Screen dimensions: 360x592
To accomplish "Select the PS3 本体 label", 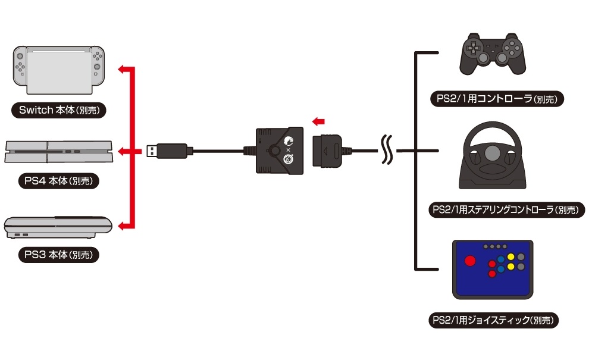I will coord(58,255).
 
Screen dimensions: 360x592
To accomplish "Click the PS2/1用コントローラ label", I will coord(496,99).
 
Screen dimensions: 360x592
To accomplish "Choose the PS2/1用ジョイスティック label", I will coord(495,321).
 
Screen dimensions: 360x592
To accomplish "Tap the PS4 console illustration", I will coord(58,151).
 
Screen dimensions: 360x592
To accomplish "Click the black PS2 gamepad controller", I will coord(492,55).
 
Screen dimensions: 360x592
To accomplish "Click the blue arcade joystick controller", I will coord(492,270).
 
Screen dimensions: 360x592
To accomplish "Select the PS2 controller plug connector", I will coord(328,151).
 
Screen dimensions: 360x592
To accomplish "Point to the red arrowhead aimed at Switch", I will coord(122,70).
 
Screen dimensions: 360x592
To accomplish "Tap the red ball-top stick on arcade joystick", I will coord(470,261).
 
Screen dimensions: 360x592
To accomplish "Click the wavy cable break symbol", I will coord(388,151).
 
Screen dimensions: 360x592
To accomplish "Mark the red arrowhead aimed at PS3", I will coord(122,226).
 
